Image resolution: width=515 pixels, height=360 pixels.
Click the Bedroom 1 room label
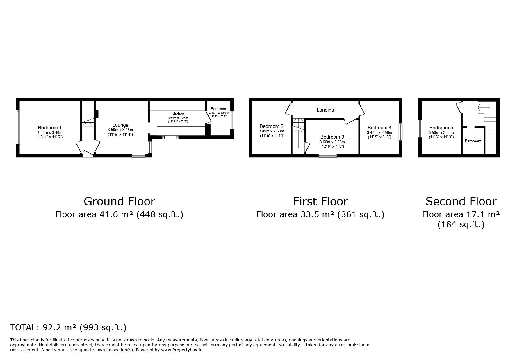pyautogui.click(x=50, y=128)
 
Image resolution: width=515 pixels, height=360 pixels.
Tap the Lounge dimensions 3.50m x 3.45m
pyautogui.click(x=120, y=130)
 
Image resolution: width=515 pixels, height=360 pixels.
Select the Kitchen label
pyautogui.click(x=178, y=114)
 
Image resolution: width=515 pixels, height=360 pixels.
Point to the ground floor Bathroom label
pyautogui.click(x=219, y=109)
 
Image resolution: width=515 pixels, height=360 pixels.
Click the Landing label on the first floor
pyautogui.click(x=325, y=110)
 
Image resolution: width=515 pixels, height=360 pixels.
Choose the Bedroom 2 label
pyautogui.click(x=271, y=126)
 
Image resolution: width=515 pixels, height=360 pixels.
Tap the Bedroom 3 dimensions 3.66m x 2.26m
pyautogui.click(x=332, y=142)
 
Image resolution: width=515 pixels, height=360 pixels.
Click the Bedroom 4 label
pyautogui.click(x=379, y=128)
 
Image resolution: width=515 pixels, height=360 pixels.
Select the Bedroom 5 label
pyautogui.click(x=441, y=128)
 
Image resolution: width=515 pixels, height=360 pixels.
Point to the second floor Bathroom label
pyautogui.click(x=473, y=141)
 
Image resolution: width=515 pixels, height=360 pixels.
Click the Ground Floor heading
pyautogui.click(x=119, y=201)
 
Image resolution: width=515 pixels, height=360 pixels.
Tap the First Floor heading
pyautogui.click(x=320, y=201)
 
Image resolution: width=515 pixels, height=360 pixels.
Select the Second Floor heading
pyautogui.click(x=461, y=201)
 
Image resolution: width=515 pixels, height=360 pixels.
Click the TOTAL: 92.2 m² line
pyautogui.click(x=68, y=327)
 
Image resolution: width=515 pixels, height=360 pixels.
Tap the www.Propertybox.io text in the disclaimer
pyautogui.click(x=181, y=350)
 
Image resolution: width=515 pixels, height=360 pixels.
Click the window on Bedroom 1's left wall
pyautogui.click(x=18, y=127)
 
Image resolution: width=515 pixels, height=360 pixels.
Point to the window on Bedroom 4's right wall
pyautogui.click(x=400, y=132)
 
